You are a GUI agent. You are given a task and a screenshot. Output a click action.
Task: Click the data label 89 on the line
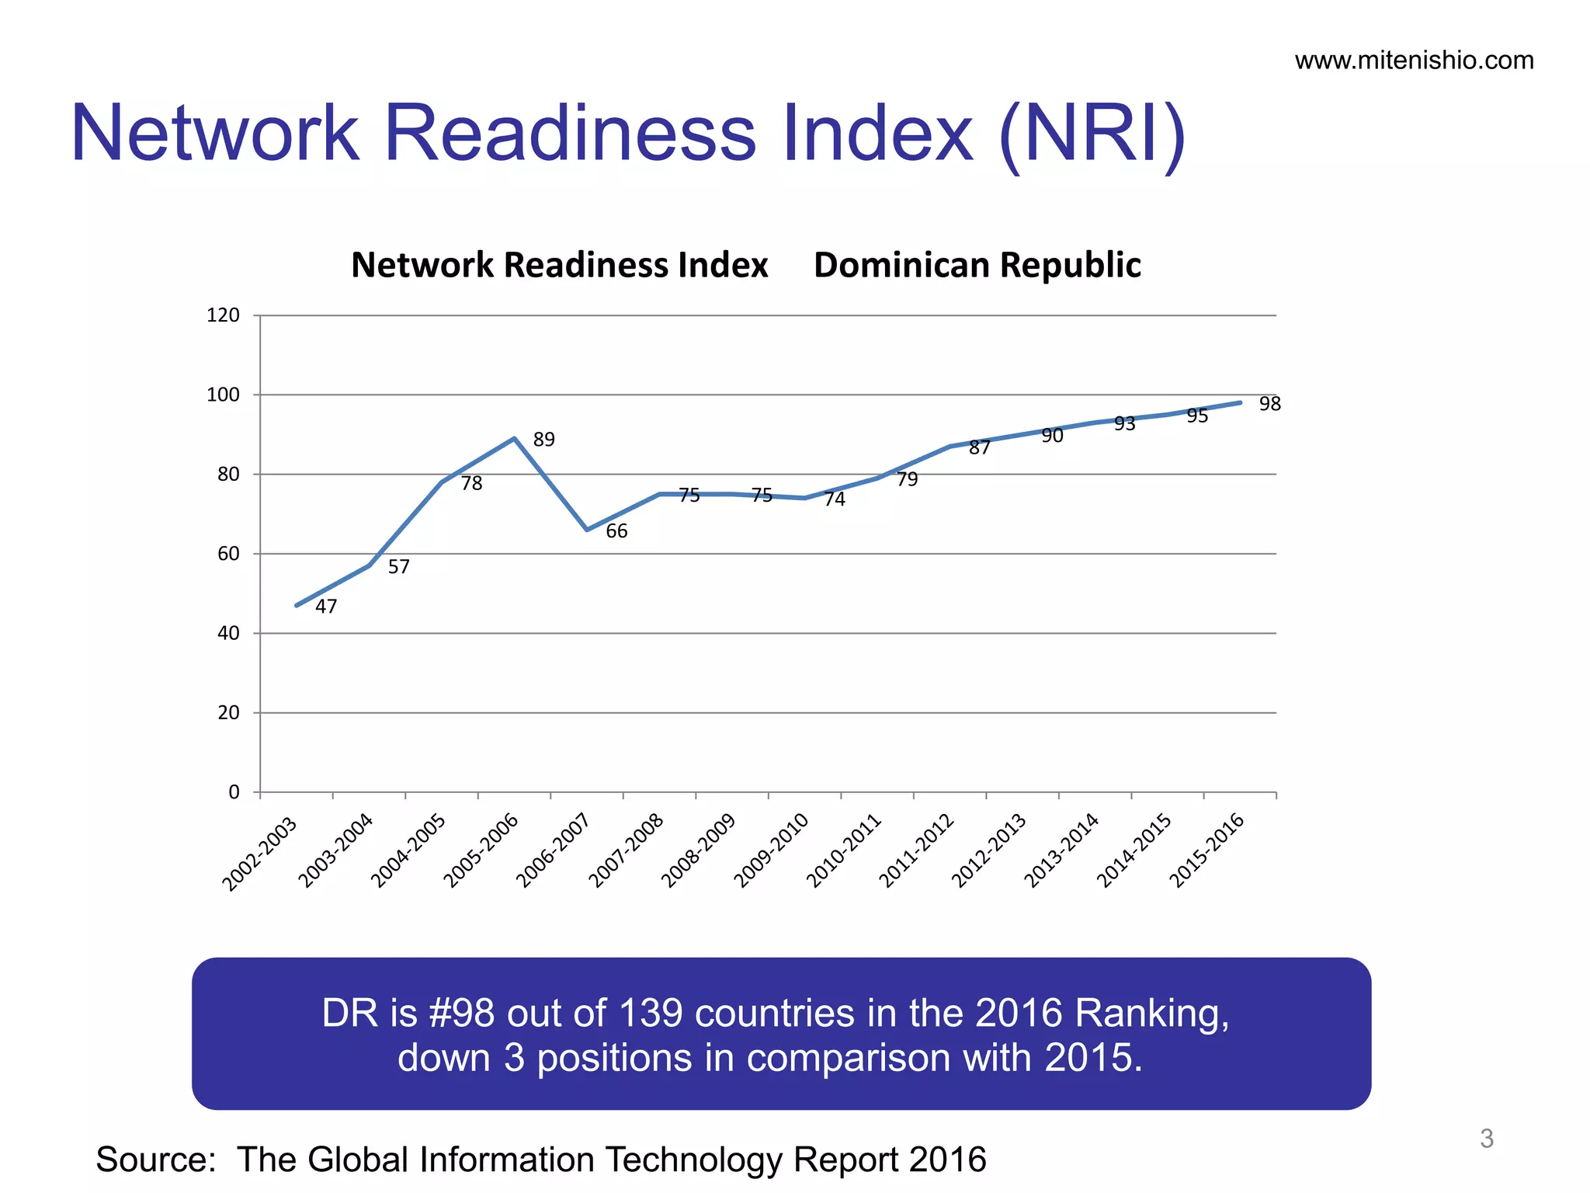544,440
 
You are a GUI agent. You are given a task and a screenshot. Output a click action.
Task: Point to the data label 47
326,607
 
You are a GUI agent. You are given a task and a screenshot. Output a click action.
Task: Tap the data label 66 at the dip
616,531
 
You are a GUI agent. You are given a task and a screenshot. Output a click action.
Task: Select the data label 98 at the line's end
1270,404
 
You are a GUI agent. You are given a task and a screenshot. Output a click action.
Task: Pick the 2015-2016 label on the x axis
1207,851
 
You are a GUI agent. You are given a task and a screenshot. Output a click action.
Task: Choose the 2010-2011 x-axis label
844,851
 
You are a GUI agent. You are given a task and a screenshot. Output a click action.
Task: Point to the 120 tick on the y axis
223,315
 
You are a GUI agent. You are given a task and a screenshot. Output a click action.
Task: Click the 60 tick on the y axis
228,554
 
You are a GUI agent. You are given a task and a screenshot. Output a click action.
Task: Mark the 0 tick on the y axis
234,792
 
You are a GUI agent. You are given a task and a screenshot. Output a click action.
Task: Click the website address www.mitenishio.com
1414,61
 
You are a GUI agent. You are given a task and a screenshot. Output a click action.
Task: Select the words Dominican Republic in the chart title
977,266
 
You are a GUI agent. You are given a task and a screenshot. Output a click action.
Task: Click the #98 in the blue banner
461,1014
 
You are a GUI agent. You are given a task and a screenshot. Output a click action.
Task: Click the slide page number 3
1486,1139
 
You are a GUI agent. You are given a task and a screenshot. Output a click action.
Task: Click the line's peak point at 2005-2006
514,439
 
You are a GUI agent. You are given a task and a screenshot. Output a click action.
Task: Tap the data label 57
398,567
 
